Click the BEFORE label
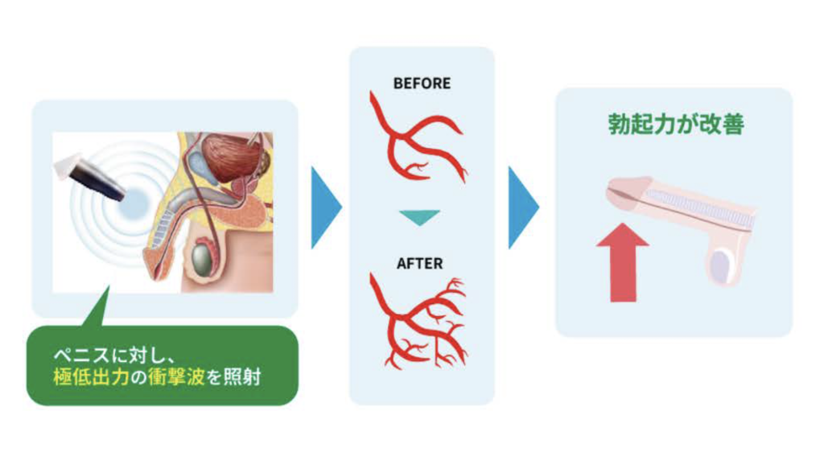(422, 83)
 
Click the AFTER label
(420, 263)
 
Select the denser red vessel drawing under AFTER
(418, 321)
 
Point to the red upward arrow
(624, 262)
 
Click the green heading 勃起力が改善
(674, 125)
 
